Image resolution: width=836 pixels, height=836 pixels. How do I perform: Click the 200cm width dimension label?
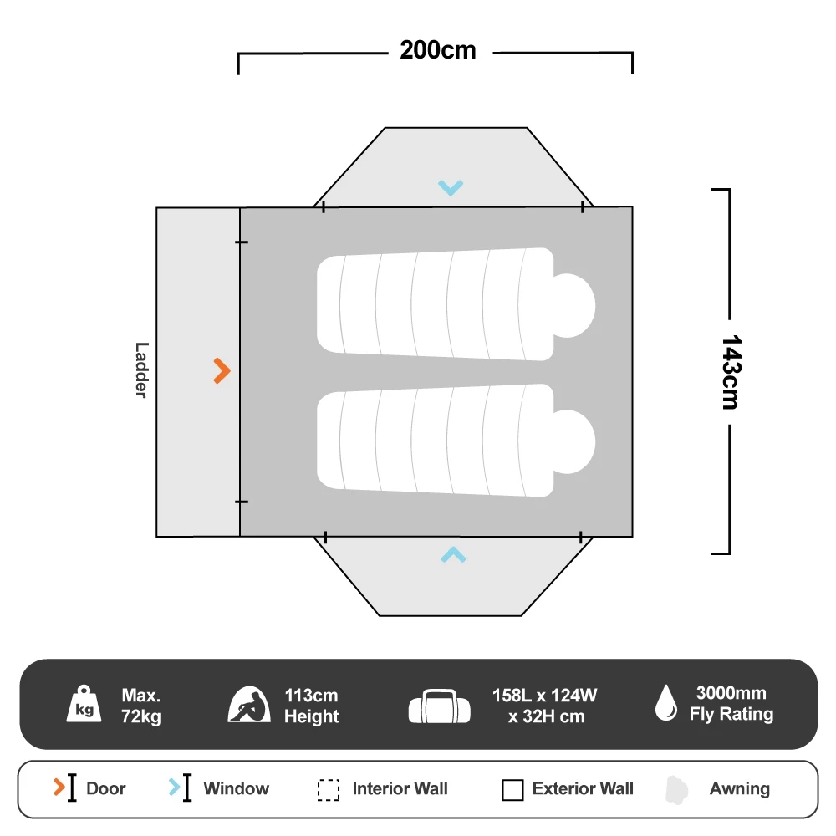pos(437,51)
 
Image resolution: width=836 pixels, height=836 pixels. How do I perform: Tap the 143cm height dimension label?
pos(730,372)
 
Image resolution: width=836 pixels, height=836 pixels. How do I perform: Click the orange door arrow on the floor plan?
pos(222,370)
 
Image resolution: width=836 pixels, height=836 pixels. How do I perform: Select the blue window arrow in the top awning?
pos(451,188)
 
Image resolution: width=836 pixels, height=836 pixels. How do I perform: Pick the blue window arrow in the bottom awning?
pos(453,553)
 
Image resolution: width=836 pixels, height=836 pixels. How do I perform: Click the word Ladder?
pos(141,370)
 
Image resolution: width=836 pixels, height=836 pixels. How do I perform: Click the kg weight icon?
pos(84,704)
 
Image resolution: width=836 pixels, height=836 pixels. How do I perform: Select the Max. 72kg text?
pos(141,706)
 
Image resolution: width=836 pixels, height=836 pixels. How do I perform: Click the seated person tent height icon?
pos(249,705)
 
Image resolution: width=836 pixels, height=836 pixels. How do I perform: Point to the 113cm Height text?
pos(311,706)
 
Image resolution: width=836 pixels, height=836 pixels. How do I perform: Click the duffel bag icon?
pos(440,706)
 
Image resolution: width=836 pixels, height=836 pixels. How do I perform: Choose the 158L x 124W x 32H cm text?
pos(546,706)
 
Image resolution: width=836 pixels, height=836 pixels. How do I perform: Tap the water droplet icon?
pos(665,703)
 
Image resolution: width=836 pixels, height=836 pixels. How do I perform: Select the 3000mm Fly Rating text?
pos(731,704)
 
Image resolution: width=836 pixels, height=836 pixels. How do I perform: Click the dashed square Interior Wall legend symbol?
pos(329,790)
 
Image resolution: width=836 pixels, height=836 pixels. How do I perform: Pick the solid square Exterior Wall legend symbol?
pos(512,790)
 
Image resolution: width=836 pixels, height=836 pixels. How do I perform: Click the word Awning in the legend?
pos(740,788)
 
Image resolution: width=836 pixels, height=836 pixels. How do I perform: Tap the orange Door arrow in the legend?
pos(59,788)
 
